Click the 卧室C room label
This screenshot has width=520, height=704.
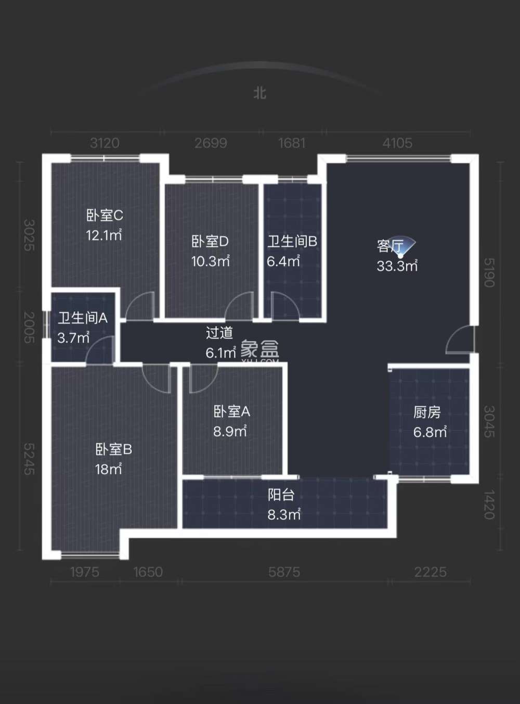(105, 215)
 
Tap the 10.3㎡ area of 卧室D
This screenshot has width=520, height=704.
(210, 261)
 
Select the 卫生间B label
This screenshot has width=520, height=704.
(292, 242)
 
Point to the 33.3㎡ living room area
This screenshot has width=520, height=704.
(397, 266)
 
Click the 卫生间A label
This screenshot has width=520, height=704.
(82, 318)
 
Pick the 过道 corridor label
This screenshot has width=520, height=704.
(219, 333)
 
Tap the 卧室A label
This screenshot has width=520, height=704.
(231, 412)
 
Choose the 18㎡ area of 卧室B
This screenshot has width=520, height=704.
(108, 469)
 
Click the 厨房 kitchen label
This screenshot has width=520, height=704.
(427, 412)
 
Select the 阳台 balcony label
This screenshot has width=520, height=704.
(281, 495)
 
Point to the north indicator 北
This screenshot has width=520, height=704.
(259, 93)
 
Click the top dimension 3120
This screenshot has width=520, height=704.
(105, 143)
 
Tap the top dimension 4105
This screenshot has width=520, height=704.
(397, 143)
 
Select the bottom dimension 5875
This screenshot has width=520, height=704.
(284, 572)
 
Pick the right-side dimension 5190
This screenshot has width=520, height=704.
(489, 273)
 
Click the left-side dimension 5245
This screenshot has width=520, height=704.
(29, 459)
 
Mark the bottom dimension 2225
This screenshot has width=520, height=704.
(431, 572)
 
